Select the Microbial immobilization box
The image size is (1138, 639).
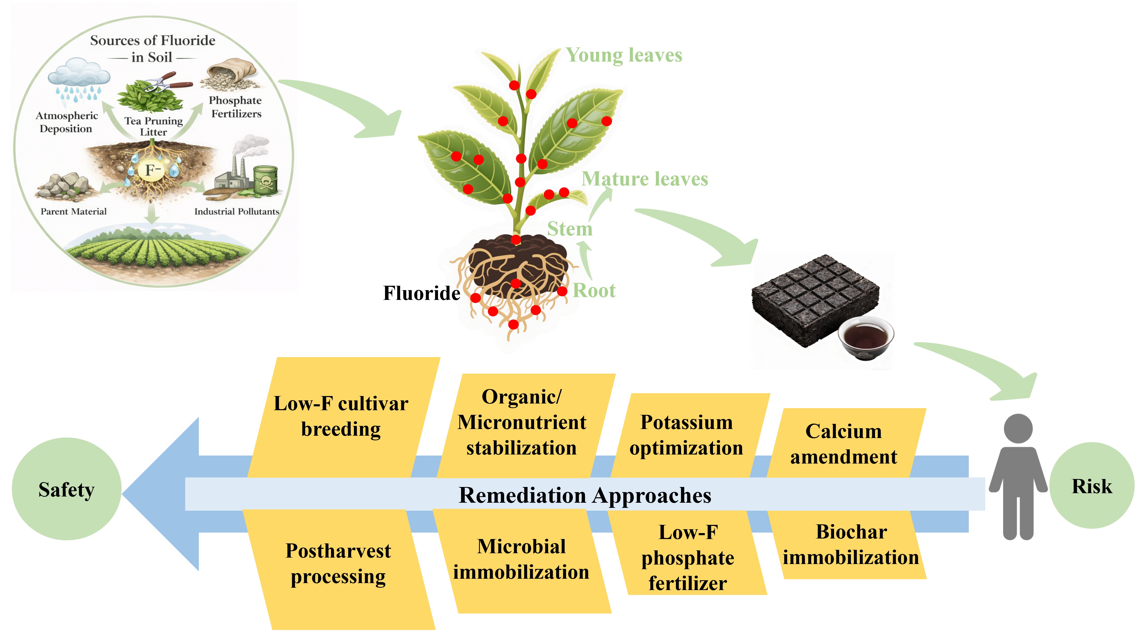tap(521, 559)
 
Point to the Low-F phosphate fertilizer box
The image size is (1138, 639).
tap(688, 558)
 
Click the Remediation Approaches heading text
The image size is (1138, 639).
tap(585, 495)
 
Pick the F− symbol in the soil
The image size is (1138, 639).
tap(152, 170)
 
